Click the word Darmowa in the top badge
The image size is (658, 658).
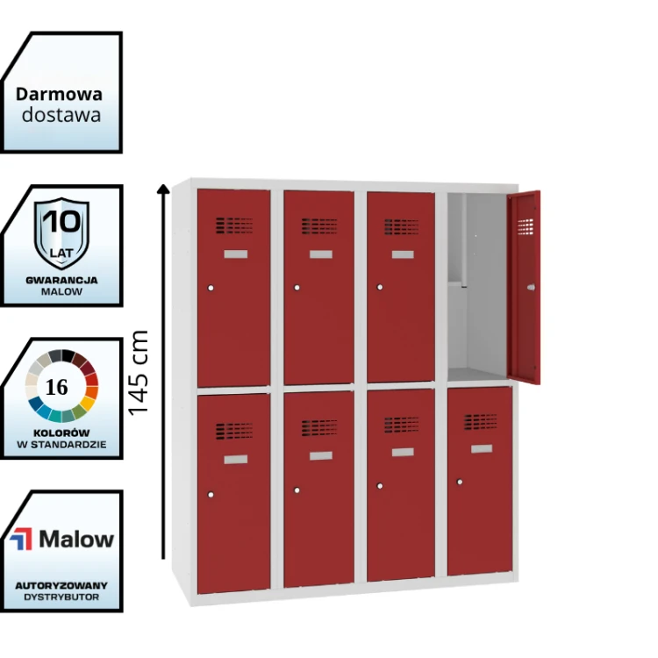[x=59, y=95]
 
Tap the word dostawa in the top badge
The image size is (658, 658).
[x=61, y=115]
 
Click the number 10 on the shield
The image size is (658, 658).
[x=61, y=221]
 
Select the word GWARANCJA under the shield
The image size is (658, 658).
[x=61, y=281]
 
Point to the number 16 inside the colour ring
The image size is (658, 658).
[x=57, y=387]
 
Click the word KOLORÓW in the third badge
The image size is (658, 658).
[x=61, y=433]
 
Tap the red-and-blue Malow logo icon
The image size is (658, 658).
[x=21, y=539]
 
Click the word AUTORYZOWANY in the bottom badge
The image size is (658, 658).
[x=61, y=586]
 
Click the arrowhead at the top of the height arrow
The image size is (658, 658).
[x=163, y=189]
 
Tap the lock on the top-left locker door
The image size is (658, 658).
[x=211, y=288]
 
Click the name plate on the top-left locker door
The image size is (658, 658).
[x=236, y=254]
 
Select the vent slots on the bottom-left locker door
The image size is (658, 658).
[x=234, y=431]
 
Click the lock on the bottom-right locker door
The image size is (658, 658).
[x=460, y=482]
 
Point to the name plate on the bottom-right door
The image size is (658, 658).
[x=482, y=449]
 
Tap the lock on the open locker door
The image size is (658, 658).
[x=531, y=288]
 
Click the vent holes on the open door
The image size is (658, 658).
[x=526, y=226]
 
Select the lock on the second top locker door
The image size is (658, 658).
[x=297, y=288]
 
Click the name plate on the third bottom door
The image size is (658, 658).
[x=403, y=452]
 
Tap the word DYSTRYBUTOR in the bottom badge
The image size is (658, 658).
[x=61, y=597]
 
